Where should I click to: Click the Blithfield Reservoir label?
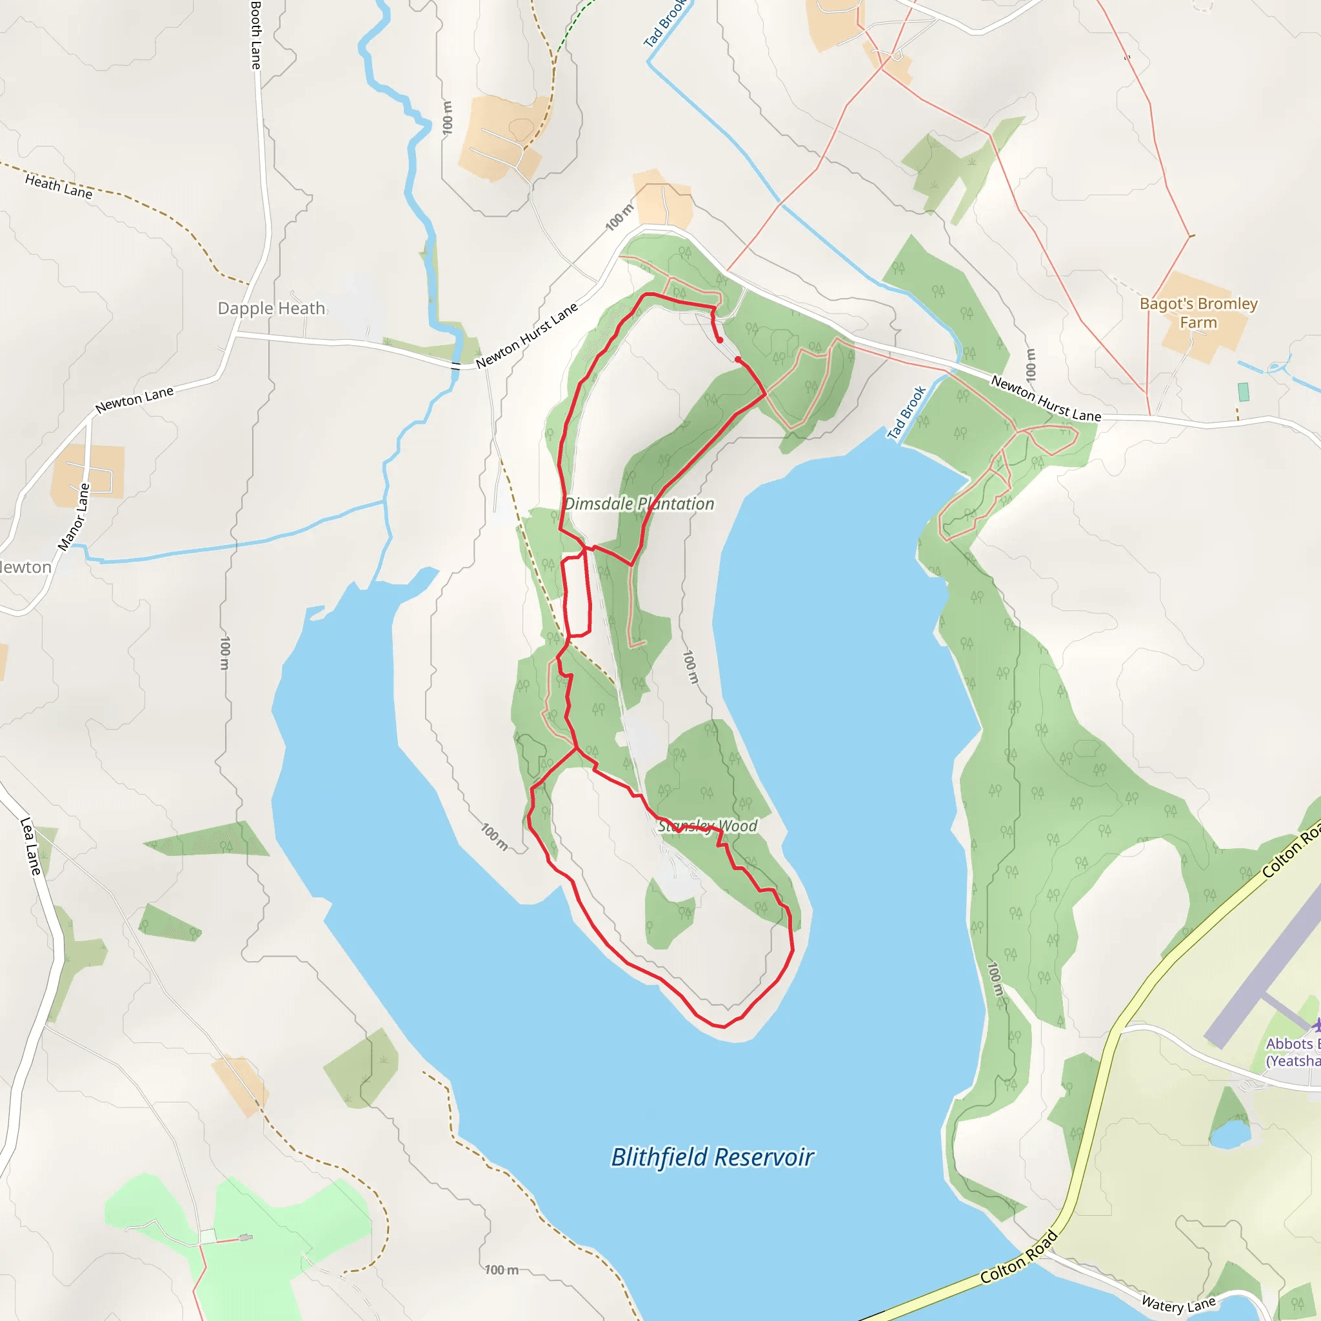pos(712,1157)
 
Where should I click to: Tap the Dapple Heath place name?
pos(272,308)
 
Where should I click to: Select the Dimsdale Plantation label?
pos(639,504)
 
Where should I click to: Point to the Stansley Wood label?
pos(707,826)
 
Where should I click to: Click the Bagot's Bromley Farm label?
pos(1198,312)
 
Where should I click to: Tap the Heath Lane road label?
pos(59,186)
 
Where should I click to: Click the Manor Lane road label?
pos(74,517)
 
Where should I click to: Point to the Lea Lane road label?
pos(31,846)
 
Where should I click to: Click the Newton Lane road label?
pos(135,399)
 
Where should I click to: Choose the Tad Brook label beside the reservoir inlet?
pos(907,412)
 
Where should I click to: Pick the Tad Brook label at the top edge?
pos(664,24)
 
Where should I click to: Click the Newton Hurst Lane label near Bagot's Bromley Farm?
pos(1046,399)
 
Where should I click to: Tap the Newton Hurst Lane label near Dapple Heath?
pos(527,335)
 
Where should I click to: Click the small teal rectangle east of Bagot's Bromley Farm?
pos(1244,392)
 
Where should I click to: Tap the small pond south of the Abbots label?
pos(1230,1135)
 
